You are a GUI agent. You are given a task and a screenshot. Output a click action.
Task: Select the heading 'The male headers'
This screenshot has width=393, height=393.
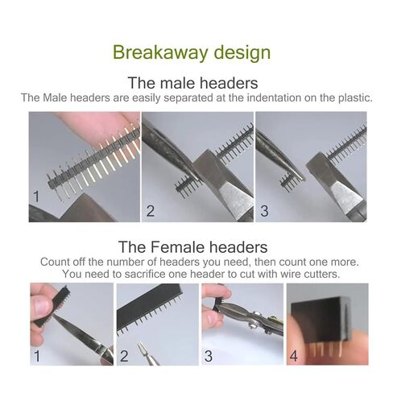[192, 82]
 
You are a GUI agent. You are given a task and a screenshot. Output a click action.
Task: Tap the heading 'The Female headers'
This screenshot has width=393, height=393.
[192, 246]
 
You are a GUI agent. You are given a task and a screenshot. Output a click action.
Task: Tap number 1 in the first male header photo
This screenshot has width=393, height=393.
[35, 196]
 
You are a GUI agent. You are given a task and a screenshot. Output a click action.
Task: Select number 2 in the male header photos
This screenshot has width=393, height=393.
[150, 213]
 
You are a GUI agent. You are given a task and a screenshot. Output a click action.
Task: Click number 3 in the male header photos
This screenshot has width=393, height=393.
[263, 213]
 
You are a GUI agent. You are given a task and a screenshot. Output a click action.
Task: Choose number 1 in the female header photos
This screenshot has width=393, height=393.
[35, 354]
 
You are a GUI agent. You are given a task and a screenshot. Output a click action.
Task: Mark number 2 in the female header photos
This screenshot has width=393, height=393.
[124, 354]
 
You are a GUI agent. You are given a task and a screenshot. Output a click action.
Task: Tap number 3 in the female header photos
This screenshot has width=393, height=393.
[208, 354]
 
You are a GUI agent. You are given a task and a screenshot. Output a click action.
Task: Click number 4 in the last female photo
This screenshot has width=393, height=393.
[295, 354]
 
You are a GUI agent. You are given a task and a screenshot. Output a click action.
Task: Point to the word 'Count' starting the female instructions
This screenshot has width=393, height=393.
[56, 263]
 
